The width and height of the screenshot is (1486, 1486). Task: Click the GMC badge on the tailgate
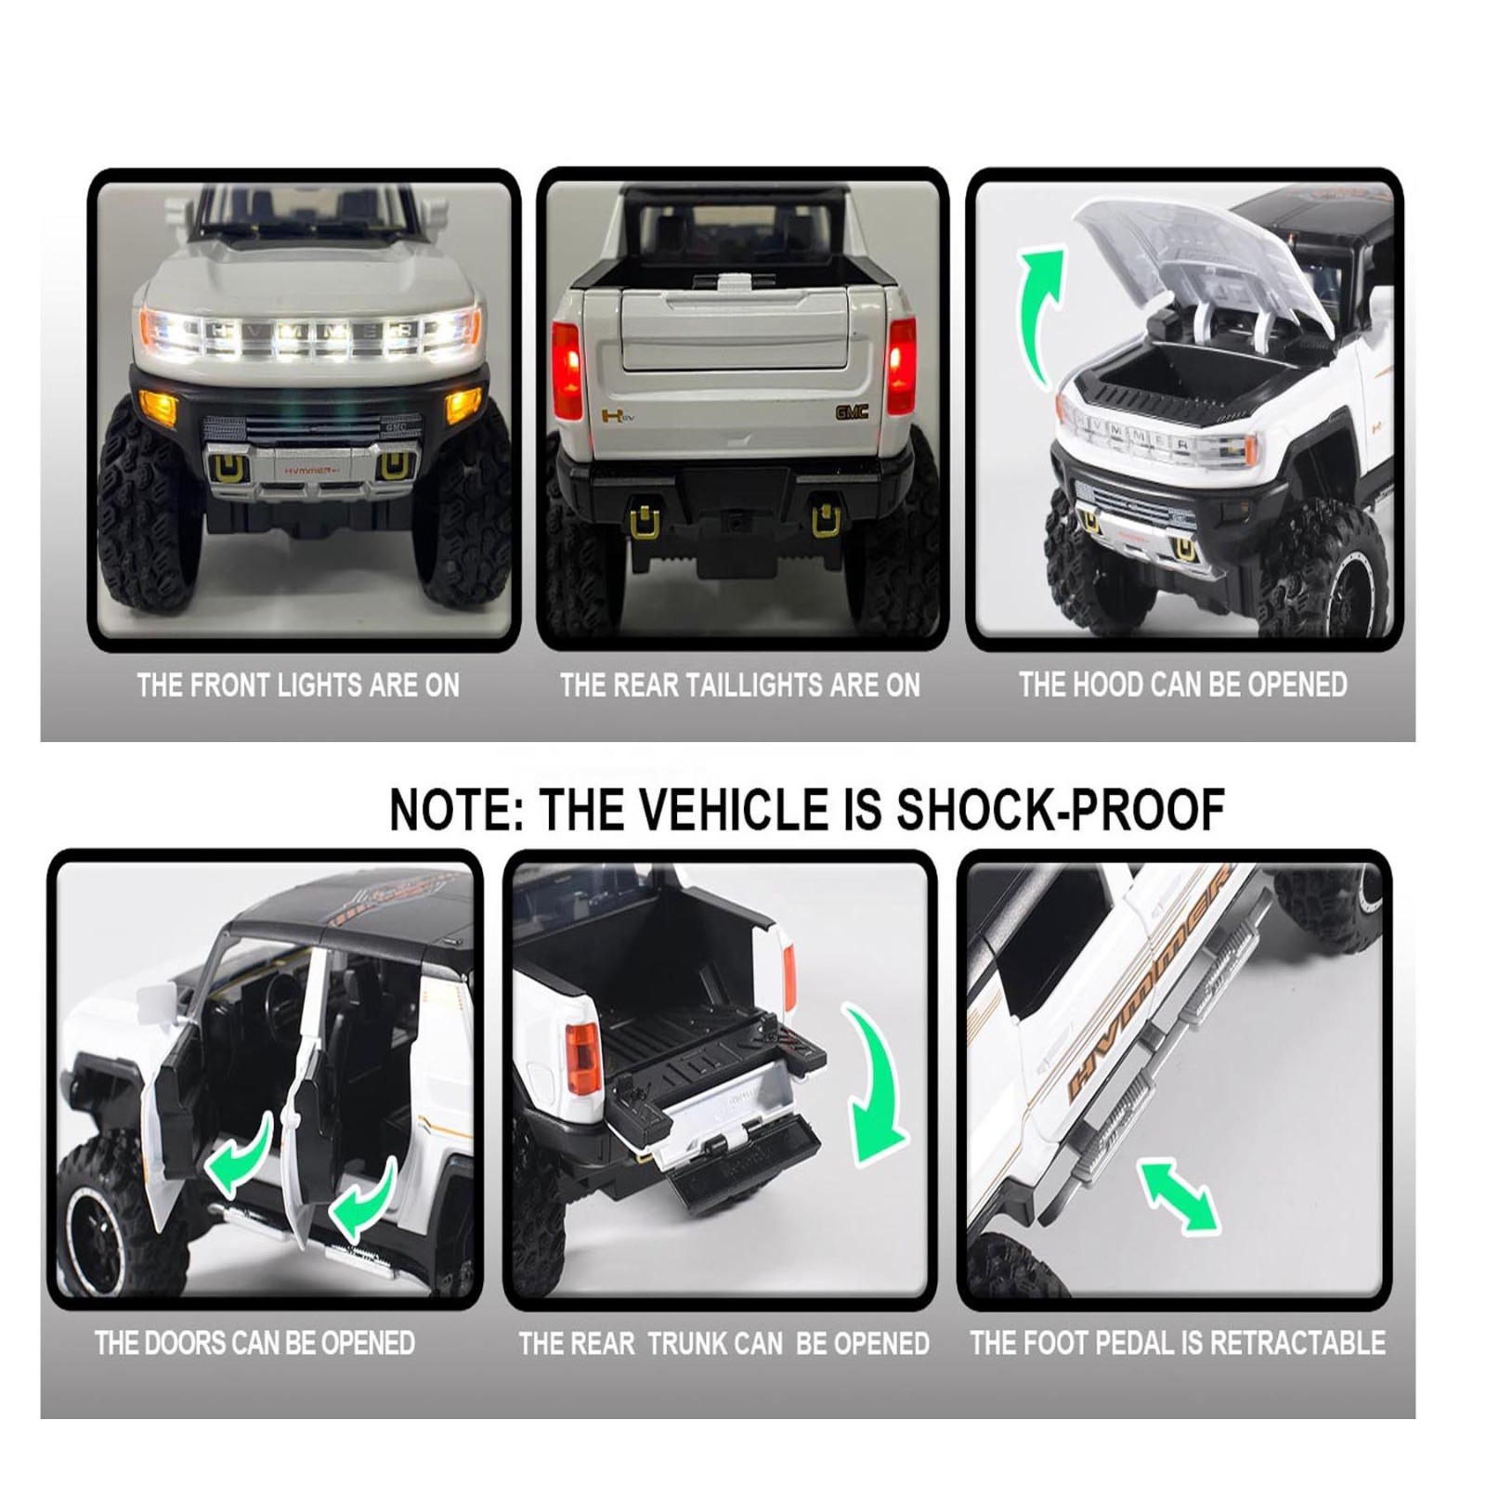(851, 411)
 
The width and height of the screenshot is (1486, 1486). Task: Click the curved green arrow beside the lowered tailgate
(877, 1083)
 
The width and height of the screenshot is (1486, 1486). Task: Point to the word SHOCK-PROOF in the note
(1060, 809)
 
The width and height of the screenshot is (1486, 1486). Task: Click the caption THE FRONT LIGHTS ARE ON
(298, 685)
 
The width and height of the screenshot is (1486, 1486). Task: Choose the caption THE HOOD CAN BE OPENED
(1182, 684)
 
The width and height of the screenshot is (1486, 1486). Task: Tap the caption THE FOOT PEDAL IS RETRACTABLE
(1178, 1342)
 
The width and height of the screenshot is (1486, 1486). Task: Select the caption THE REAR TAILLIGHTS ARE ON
(739, 685)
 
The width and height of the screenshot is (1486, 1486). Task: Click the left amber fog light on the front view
(158, 405)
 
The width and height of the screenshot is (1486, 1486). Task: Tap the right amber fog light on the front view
(463, 405)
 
